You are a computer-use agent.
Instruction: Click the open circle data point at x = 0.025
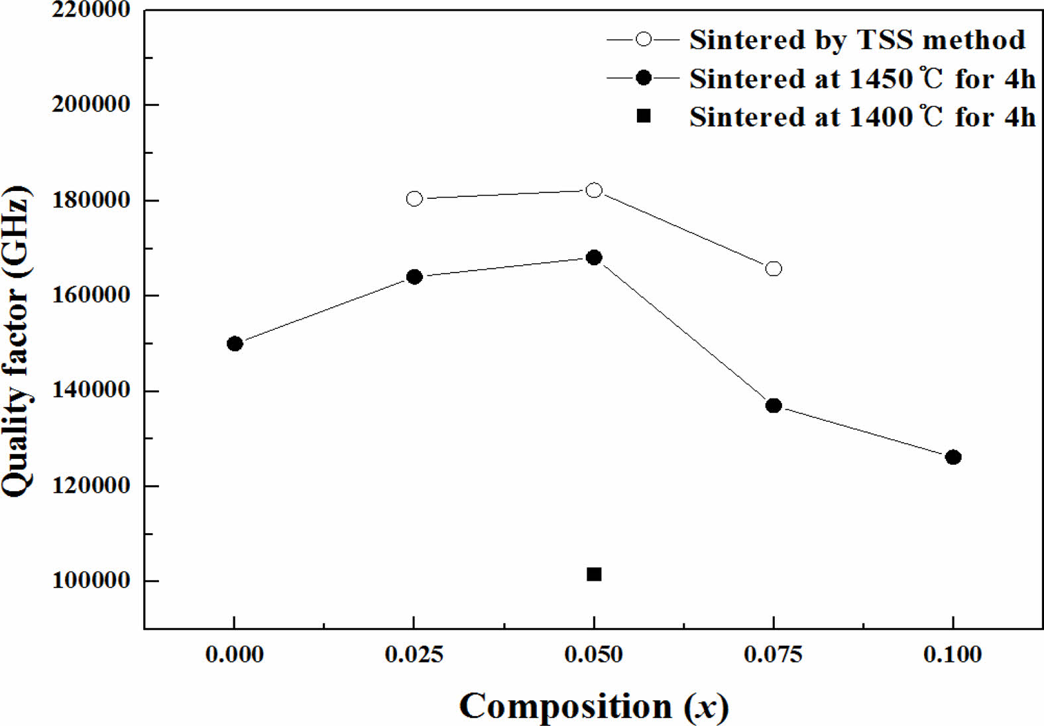[x=414, y=198]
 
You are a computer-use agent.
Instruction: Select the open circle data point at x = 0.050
[x=594, y=190]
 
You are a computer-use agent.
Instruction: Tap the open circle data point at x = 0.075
[x=774, y=269]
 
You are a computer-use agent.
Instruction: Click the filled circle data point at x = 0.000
[x=235, y=343]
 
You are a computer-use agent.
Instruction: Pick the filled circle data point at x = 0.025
[x=414, y=276]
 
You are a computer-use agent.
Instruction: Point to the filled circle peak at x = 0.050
[x=594, y=257]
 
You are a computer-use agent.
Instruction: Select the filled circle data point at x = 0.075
[x=774, y=405]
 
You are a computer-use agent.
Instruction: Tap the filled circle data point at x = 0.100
[x=953, y=457]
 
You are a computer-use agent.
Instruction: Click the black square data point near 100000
[x=594, y=574]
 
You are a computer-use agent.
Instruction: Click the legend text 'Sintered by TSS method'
[x=857, y=40]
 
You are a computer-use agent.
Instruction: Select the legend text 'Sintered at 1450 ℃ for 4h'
[x=862, y=79]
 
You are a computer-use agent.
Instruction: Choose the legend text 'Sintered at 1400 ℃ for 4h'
[x=862, y=117]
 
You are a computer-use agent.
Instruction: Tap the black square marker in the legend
[x=643, y=116]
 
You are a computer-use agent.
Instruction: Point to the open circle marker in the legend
[x=643, y=39]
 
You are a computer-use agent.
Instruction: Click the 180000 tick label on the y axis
[x=91, y=200]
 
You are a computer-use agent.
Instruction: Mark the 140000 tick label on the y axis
[x=91, y=390]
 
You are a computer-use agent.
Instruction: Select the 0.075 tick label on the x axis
[x=773, y=654]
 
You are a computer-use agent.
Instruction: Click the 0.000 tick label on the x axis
[x=235, y=654]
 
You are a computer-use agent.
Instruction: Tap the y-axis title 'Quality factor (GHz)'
[x=18, y=341]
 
